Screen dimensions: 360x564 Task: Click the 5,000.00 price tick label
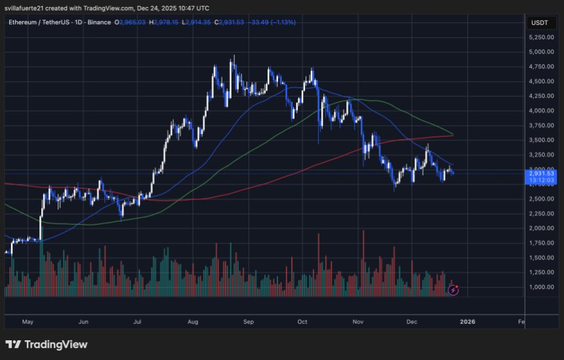click(542, 52)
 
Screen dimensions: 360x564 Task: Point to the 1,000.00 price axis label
click(542, 287)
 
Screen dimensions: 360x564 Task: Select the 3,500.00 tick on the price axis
click(542, 140)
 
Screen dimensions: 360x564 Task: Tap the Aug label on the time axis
click(192, 322)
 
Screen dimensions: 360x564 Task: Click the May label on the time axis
click(27, 322)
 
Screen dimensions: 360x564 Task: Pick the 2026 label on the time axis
click(468, 322)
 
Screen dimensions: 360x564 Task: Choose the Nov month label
click(357, 322)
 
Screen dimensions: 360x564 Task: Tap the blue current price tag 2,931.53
click(542, 173)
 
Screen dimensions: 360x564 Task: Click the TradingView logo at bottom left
click(46, 344)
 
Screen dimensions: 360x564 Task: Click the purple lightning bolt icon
click(453, 289)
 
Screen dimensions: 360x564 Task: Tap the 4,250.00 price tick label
click(542, 96)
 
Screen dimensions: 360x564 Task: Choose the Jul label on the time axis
click(138, 322)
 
